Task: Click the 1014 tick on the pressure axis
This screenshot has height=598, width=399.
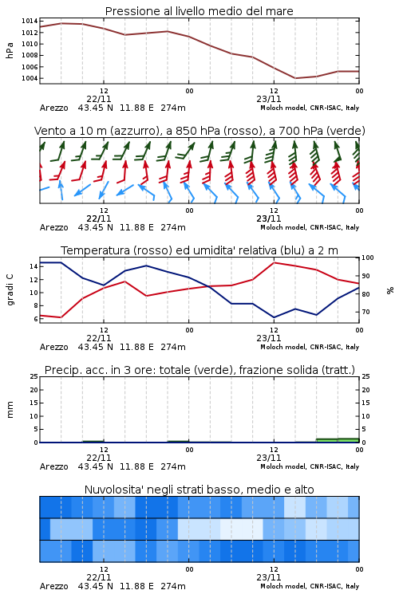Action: (x=30, y=21)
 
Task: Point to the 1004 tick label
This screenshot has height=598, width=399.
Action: (x=30, y=79)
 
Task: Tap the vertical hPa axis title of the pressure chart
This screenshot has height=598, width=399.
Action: (x=10, y=50)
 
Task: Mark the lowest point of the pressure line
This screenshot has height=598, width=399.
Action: (x=295, y=78)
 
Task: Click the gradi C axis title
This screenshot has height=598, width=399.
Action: (x=10, y=290)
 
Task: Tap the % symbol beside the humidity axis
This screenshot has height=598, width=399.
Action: (x=390, y=290)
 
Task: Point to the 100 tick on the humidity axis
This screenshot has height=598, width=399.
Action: (x=368, y=258)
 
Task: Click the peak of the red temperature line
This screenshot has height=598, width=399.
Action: (x=275, y=262)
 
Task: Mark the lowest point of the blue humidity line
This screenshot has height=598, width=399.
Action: (x=274, y=317)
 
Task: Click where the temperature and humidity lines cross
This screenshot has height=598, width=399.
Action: (x=207, y=286)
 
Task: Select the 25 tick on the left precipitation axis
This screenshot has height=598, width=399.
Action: (x=34, y=377)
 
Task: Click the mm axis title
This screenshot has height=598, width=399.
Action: (x=10, y=410)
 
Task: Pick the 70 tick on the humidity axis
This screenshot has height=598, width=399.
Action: (x=365, y=312)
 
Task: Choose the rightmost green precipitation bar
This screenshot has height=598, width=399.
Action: (x=348, y=440)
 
